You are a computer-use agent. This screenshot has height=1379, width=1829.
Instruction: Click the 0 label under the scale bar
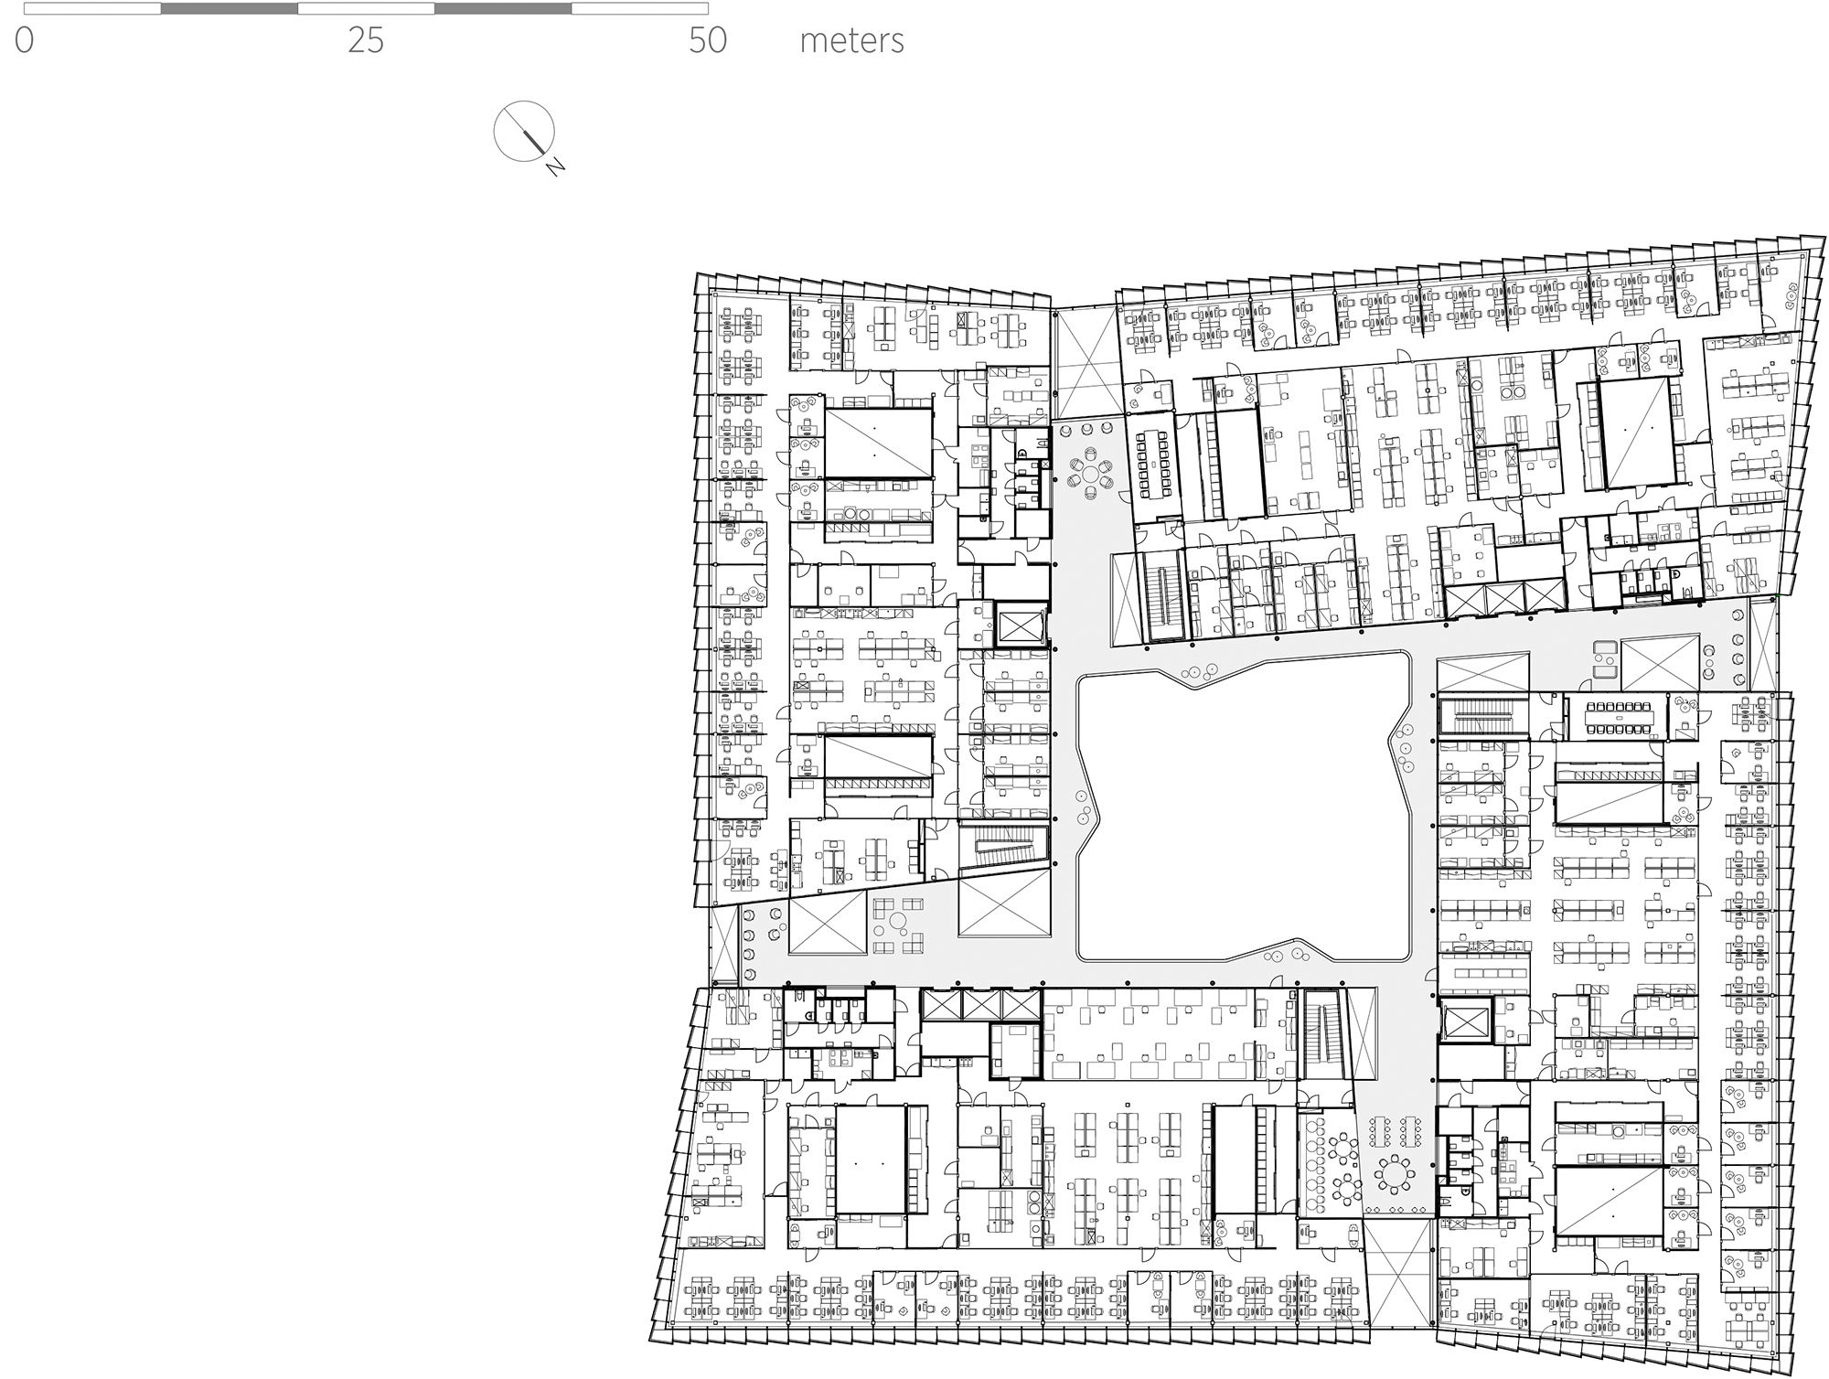click(25, 41)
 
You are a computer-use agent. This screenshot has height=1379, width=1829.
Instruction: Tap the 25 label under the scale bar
click(366, 41)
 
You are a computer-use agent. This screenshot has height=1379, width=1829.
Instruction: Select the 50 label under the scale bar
click(708, 41)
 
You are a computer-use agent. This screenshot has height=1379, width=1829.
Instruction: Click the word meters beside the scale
click(851, 41)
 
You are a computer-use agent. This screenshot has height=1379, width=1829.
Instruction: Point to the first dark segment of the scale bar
click(230, 9)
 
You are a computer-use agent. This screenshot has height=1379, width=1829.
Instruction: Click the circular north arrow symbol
click(524, 131)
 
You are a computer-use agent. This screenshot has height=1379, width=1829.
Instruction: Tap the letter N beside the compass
click(555, 167)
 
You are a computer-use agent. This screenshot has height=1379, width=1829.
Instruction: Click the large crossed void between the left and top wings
click(1086, 364)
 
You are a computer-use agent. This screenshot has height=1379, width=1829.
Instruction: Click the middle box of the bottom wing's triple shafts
click(980, 1005)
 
